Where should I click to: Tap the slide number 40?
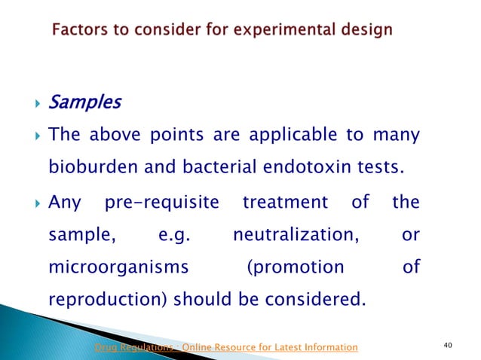pos(449,346)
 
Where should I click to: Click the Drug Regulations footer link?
pos(225,346)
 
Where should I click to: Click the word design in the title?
pos(366,30)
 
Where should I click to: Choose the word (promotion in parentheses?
pos(295,267)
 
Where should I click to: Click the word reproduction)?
pos(108,300)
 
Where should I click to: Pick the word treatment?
pos(286,203)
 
